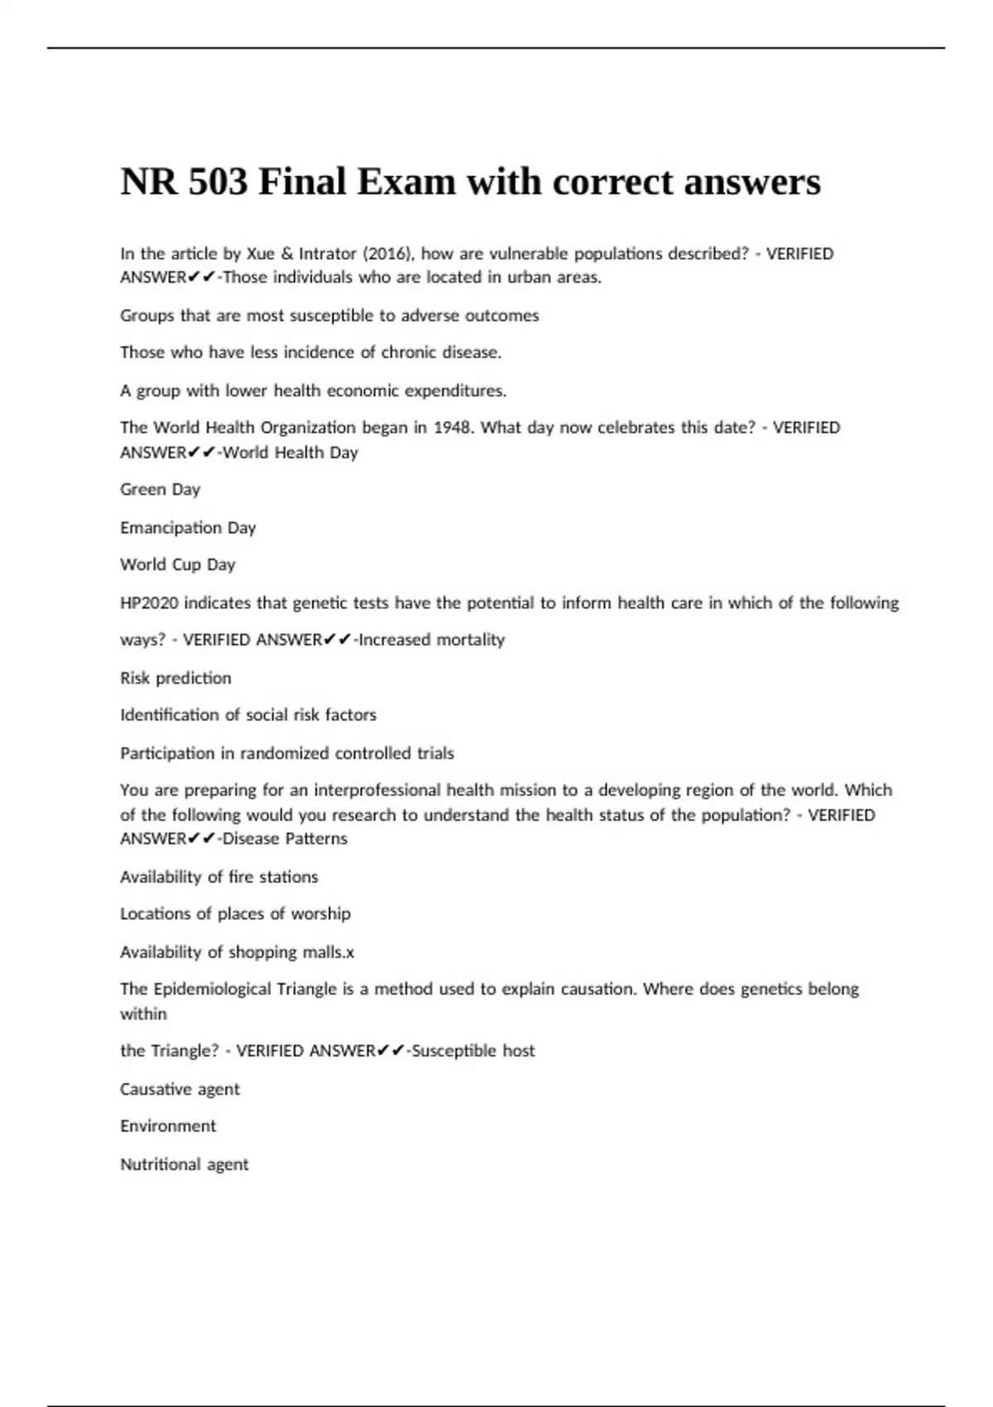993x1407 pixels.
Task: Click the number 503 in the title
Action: tap(217, 182)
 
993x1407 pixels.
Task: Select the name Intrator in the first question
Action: tap(328, 254)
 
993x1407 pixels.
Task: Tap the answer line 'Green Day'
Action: tap(161, 490)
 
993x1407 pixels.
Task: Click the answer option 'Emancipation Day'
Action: tap(188, 528)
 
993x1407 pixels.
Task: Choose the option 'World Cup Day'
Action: tap(178, 565)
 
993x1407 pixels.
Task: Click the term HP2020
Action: tap(149, 603)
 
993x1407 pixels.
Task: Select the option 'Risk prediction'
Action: tap(175, 679)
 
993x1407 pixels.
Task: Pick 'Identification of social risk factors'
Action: tap(248, 715)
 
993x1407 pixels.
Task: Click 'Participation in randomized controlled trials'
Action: tap(287, 754)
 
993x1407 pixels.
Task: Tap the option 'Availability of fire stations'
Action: tap(219, 877)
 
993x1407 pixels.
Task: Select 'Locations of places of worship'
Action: tap(235, 915)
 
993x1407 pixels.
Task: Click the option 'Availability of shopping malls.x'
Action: tap(237, 953)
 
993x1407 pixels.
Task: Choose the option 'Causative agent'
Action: tap(180, 1090)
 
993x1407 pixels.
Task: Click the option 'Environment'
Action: tap(168, 1126)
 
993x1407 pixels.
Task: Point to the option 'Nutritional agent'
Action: tap(185, 1165)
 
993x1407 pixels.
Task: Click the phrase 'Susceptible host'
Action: tap(473, 1051)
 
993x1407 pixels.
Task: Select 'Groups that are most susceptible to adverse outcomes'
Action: tap(329, 316)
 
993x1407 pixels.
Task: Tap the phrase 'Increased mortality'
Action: tap(431, 640)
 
